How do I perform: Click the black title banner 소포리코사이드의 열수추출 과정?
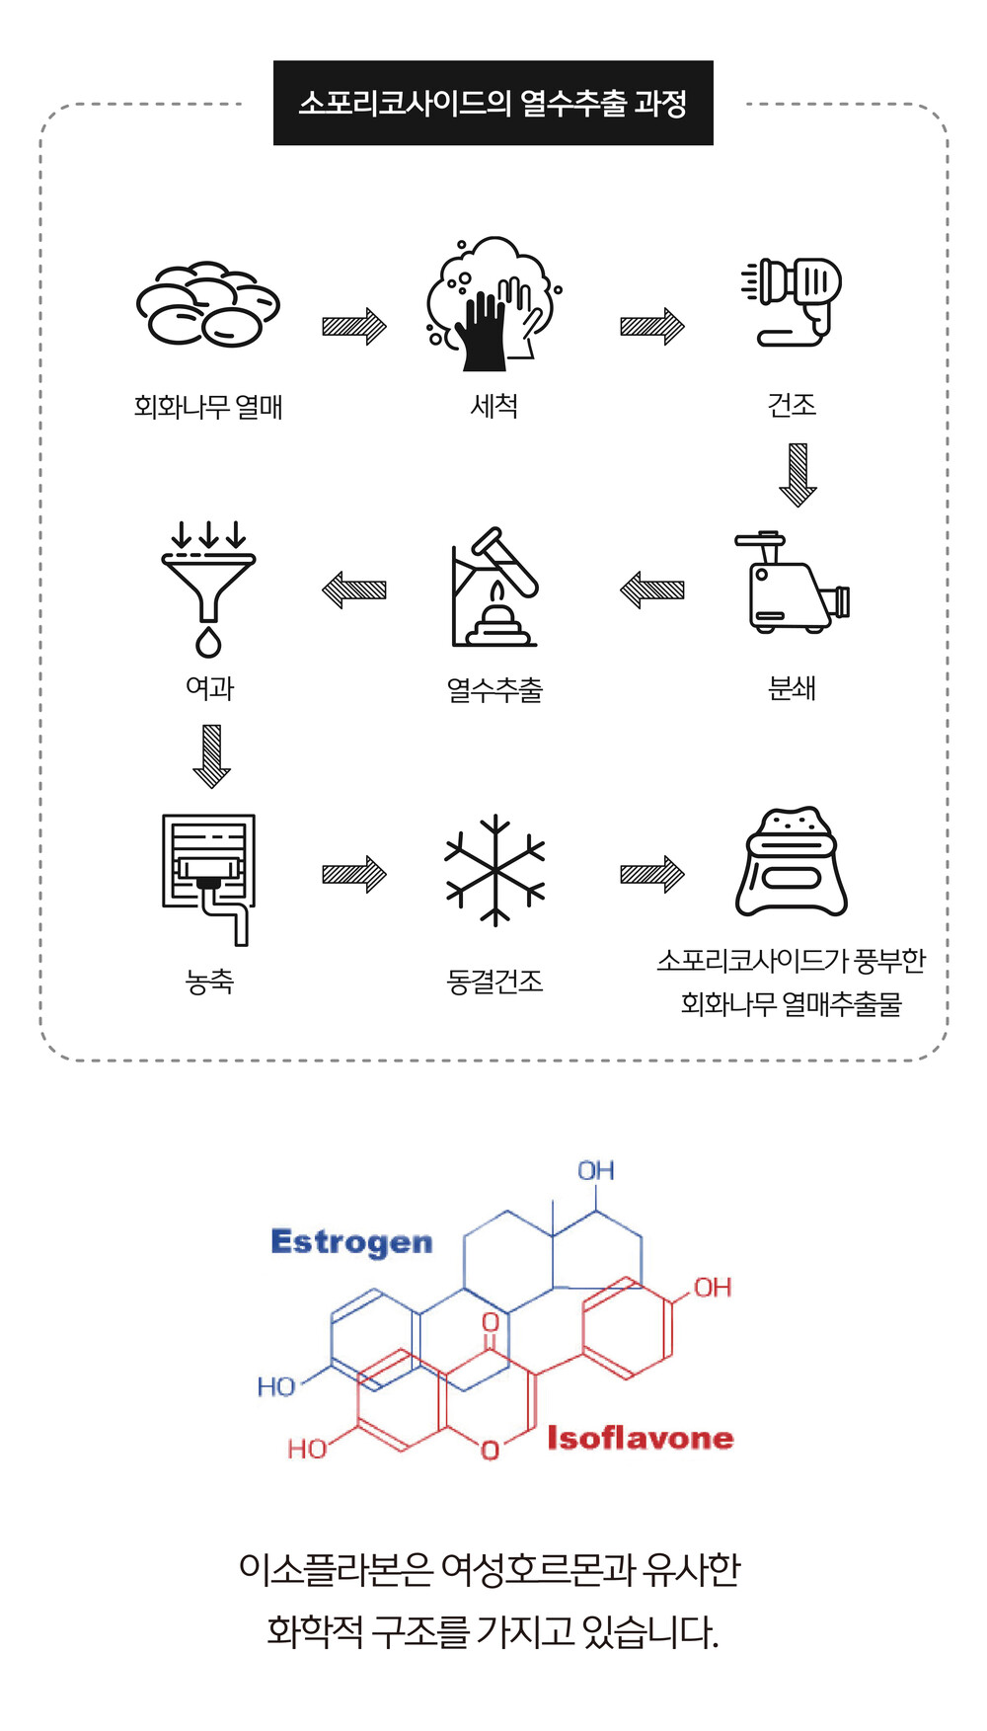(x=493, y=103)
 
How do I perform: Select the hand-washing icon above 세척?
(x=491, y=304)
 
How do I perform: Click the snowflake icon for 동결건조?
(x=494, y=870)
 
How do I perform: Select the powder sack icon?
(x=792, y=863)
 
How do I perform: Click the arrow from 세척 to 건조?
(x=651, y=326)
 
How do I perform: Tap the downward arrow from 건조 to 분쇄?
(x=797, y=475)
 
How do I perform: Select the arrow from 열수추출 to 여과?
(x=354, y=590)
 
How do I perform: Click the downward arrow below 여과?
(x=211, y=756)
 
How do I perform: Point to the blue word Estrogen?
(x=351, y=1242)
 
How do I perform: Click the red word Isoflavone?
(x=641, y=1438)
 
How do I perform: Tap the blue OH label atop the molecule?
(x=596, y=1171)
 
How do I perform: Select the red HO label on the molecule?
(x=307, y=1449)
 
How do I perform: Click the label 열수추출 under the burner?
(x=494, y=689)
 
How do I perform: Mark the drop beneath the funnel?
(x=208, y=642)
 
